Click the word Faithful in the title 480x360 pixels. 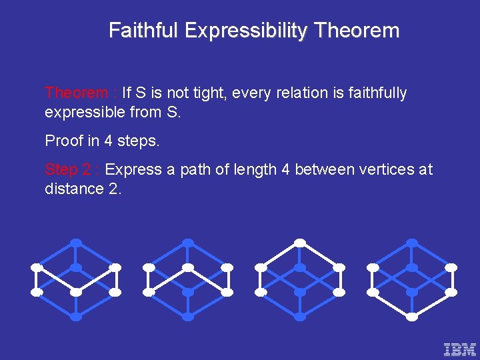144,31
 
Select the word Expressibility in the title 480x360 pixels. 247,31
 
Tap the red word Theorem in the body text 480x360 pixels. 75,93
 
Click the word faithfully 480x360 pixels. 374,93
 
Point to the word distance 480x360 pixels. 73,189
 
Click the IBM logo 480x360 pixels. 460,349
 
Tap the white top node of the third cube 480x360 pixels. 300,242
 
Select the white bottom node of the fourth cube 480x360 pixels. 412,317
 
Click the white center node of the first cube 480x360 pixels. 76,292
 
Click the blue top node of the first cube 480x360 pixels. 76,242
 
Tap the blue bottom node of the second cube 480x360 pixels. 188,317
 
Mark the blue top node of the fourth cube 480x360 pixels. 412,242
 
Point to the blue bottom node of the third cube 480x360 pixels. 300,317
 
